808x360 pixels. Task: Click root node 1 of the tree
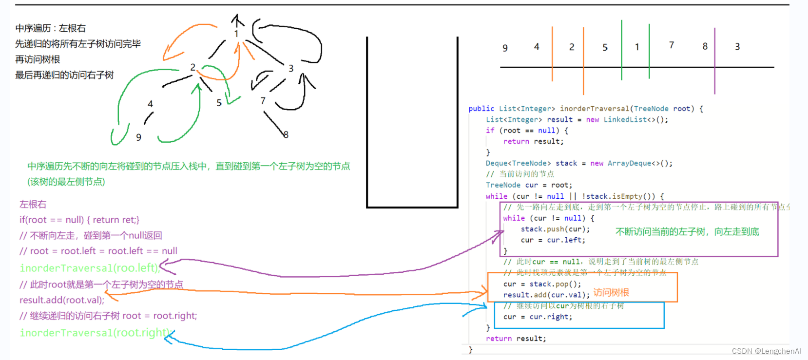pyautogui.click(x=236, y=34)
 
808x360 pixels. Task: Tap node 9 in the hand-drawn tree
pyautogui.click(x=139, y=137)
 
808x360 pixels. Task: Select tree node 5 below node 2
pyautogui.click(x=219, y=103)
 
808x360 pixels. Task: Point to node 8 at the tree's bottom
pyautogui.click(x=286, y=134)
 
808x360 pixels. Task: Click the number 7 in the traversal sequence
pyautogui.click(x=672, y=45)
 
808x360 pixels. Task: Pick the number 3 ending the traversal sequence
pyautogui.click(x=737, y=47)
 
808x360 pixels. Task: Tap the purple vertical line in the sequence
pyautogui.click(x=715, y=61)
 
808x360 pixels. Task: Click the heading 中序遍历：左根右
pyautogui.click(x=50, y=28)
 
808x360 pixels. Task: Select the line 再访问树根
pyautogui.click(x=38, y=59)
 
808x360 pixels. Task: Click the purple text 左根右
pyautogui.click(x=33, y=204)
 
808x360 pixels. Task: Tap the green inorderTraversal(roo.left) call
pyautogui.click(x=89, y=268)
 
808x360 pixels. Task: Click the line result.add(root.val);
pyautogui.click(x=62, y=300)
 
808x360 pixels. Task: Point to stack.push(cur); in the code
pyautogui.click(x=555, y=229)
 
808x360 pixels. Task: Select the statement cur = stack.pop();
pyautogui.click(x=542, y=284)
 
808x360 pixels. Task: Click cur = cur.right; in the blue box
pyautogui.click(x=538, y=317)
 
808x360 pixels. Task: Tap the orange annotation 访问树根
pyautogui.click(x=611, y=292)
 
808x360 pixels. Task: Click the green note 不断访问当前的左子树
pyautogui.click(x=687, y=232)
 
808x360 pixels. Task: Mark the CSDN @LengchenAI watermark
pyautogui.click(x=766, y=351)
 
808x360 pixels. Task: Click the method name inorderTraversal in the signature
pyautogui.click(x=595, y=109)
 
